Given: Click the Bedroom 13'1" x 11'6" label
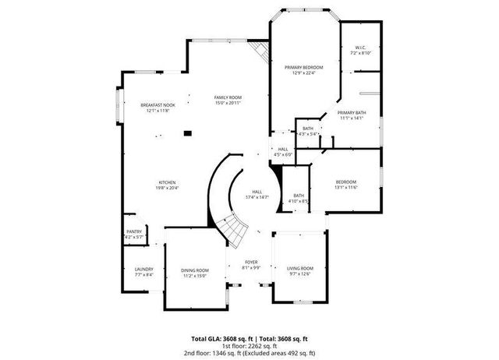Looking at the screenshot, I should click(345, 184).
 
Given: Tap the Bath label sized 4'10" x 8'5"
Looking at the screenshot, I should click(299, 198).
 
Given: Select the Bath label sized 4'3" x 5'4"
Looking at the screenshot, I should click(308, 131).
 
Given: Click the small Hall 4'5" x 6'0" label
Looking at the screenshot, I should click(283, 151).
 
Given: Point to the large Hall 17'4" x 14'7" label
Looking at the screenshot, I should click(257, 194).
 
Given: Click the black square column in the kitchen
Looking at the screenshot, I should click(186, 133).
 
